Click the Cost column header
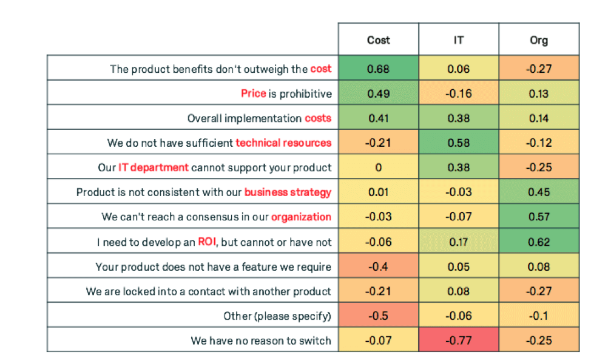coord(378,40)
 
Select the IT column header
coord(459,40)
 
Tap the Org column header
coord(538,40)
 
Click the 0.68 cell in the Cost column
coord(378,69)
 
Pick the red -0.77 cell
coord(459,340)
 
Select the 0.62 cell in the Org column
coord(538,242)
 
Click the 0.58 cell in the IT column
coord(459,143)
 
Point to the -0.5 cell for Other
coord(378,316)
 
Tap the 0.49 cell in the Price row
coord(378,93)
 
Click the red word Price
coord(253,93)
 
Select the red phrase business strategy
coord(288,192)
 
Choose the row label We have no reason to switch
coord(261,341)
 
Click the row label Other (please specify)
coord(277,316)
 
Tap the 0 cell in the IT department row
coord(378,168)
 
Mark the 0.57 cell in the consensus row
coord(538,217)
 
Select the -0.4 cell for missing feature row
coord(378,267)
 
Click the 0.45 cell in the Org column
coord(538,192)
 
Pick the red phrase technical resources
coord(283,143)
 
